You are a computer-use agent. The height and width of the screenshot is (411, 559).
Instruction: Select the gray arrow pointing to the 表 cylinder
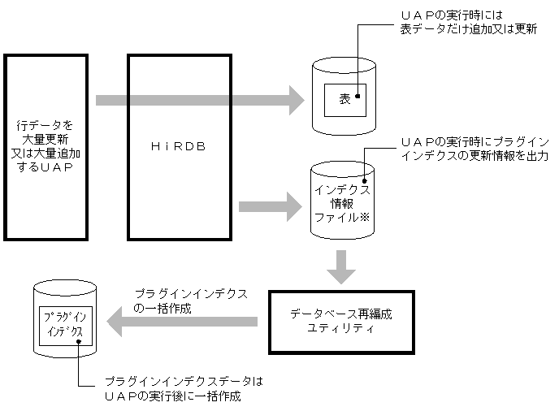[199, 101]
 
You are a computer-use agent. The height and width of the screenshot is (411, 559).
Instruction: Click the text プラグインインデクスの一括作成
[190, 301]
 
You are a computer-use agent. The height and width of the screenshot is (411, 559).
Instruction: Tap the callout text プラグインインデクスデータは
[184, 382]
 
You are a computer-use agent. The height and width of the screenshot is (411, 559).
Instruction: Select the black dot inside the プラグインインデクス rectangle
[78, 342]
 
